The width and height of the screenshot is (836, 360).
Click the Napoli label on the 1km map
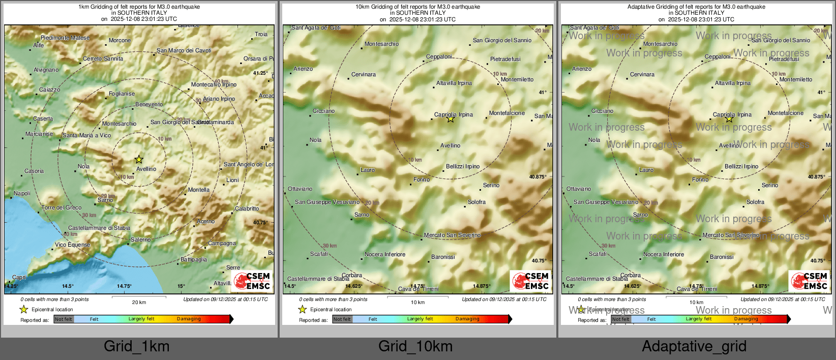22,194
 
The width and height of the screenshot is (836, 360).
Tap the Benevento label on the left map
149,105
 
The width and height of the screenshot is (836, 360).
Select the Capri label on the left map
19,278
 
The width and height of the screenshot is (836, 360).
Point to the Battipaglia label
194,259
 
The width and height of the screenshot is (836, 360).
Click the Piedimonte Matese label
65,38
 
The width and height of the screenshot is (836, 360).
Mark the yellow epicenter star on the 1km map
139,160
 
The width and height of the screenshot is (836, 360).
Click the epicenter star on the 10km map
451,119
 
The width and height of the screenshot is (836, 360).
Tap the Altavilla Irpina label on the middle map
454,83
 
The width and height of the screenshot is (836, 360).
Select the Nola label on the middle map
315,140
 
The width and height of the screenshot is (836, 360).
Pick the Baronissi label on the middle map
443,257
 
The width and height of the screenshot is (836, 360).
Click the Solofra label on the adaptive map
755,202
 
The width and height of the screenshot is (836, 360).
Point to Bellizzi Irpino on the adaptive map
741,166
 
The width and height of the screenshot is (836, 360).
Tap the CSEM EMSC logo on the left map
252,281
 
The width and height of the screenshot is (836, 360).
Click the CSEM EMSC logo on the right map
809,281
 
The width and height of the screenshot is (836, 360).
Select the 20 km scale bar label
139,303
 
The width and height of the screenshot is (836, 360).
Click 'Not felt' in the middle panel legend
342,319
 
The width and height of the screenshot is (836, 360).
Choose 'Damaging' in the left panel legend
189,319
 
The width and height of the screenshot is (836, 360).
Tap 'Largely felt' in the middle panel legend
420,319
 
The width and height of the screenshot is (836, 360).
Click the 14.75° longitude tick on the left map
124,286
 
